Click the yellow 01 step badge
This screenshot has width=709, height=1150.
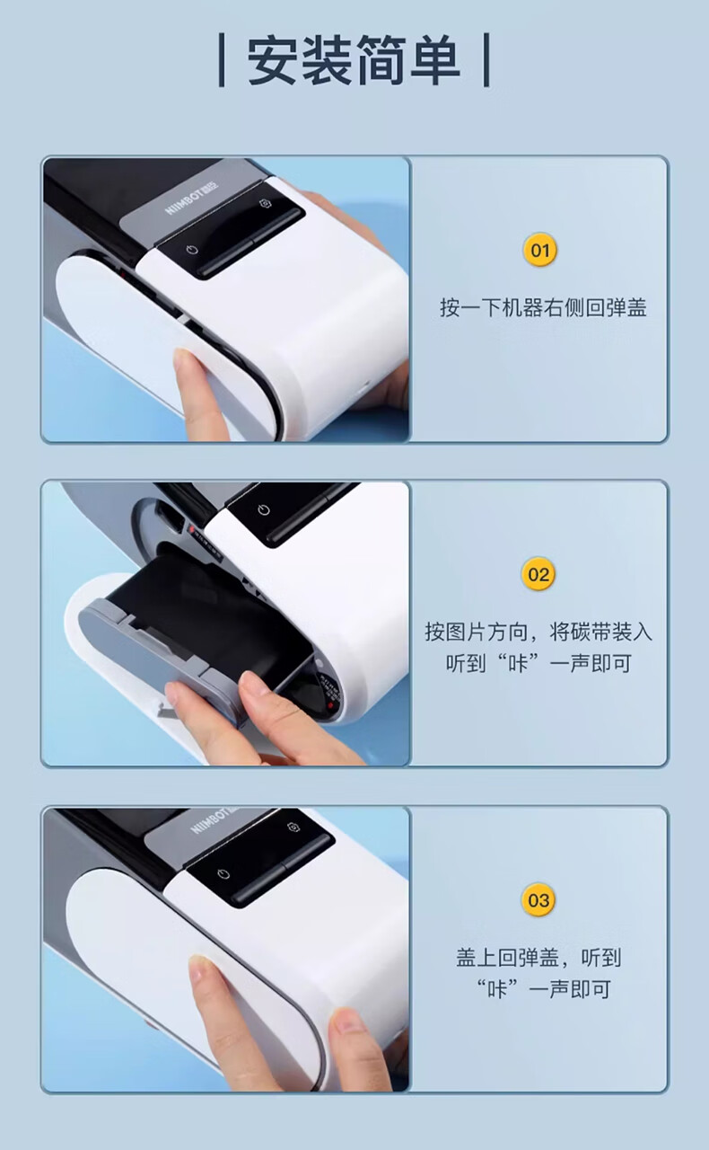pos(539,250)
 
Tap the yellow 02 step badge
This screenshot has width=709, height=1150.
pos(538,574)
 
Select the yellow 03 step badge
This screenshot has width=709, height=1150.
pos(538,899)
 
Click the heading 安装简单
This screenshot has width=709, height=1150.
pos(354,60)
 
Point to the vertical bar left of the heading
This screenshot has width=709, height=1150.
pos(222,60)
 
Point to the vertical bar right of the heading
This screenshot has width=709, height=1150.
pos(486,60)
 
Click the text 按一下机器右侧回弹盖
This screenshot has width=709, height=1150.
pos(543,307)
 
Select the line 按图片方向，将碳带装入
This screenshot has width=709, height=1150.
pos(538,632)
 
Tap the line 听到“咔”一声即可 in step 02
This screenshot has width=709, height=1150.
pos(538,663)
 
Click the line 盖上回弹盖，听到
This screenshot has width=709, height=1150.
pos(538,958)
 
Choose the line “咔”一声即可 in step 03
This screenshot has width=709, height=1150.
pos(543,989)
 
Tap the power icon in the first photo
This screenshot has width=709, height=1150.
pos(192,250)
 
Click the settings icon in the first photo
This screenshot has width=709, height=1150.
pos(265,204)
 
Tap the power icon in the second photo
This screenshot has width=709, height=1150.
pos(264,509)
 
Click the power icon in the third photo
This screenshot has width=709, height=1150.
pos(223,874)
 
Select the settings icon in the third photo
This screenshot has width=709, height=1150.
pos(293,827)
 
